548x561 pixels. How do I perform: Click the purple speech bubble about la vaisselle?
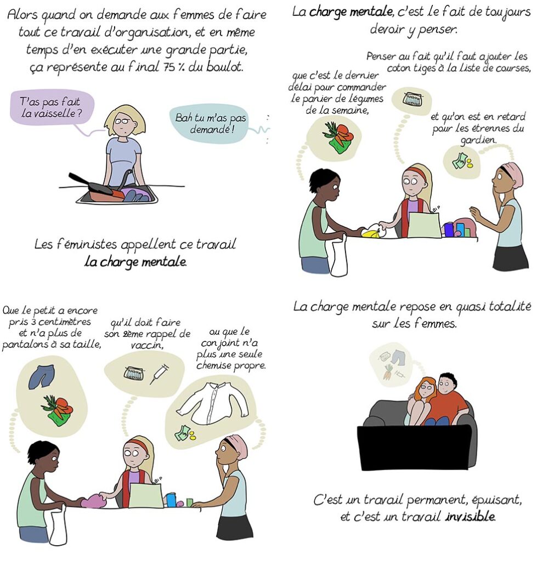[x=52, y=108]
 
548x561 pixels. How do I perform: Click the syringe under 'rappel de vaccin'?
[x=159, y=374]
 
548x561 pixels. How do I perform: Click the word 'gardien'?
[x=478, y=140]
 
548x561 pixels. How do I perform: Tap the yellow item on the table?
[x=371, y=232]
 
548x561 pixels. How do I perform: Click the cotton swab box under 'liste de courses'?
[x=411, y=99]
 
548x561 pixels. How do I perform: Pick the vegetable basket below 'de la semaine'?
[x=338, y=138]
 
